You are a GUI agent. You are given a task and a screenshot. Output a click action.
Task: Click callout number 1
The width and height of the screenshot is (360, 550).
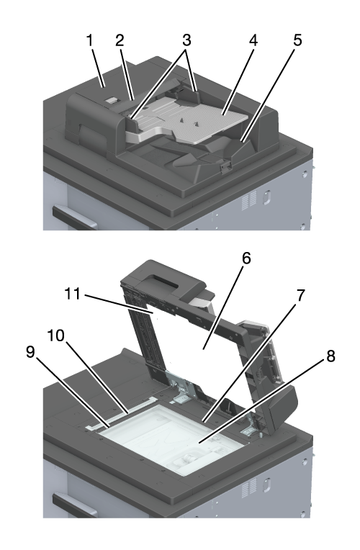tap(90, 40)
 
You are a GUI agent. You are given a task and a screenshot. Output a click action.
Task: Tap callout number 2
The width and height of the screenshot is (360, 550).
tap(120, 40)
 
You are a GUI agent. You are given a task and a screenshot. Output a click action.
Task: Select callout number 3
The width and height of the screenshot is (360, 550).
tap(186, 40)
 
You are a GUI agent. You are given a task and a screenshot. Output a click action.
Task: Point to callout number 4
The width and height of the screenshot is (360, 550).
tap(253, 40)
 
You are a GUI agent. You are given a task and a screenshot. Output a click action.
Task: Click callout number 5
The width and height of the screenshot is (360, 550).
tap(297, 40)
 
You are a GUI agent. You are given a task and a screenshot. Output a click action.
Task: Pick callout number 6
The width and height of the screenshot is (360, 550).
tap(246, 258)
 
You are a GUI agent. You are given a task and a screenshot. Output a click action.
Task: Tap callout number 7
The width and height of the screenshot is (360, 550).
tap(301, 295)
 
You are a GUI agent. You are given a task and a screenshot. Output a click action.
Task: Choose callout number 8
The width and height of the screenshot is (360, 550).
tap(330, 356)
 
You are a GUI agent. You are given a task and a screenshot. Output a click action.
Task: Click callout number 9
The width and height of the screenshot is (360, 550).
tap(30, 352)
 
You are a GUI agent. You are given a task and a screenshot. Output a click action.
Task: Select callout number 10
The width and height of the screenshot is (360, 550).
tap(56, 335)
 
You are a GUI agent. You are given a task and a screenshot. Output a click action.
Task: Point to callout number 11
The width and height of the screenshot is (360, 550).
tap(73, 294)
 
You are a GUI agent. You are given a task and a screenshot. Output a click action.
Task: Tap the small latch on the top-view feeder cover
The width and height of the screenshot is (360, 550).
tap(111, 101)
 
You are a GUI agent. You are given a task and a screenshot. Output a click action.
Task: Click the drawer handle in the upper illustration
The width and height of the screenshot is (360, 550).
tap(73, 217)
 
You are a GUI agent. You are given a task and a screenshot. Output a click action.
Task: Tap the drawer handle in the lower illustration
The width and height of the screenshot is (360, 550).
tap(73, 505)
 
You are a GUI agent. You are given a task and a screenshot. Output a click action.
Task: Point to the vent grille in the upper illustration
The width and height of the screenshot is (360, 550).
tap(249, 200)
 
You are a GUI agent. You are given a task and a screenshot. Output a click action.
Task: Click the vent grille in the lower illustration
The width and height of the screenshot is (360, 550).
tap(249, 487)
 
